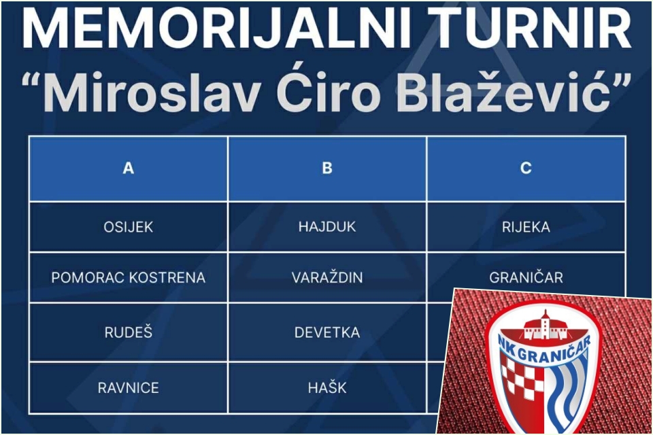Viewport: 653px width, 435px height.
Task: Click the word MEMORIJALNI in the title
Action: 216,29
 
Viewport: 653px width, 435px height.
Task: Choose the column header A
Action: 129,168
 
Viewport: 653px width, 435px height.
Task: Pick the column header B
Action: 327,168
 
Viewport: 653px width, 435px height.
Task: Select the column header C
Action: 526,168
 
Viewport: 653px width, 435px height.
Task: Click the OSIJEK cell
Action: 129,227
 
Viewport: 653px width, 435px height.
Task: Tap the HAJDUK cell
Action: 327,227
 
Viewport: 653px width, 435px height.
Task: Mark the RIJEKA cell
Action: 526,227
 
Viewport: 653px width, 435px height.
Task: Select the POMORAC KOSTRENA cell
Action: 129,277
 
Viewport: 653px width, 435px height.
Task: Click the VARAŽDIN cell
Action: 327,277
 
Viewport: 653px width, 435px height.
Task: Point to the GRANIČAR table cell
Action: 526,277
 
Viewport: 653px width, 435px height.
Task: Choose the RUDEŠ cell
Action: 129,332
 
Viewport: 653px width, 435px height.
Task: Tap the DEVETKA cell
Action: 327,332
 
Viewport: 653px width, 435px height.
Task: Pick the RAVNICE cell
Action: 129,388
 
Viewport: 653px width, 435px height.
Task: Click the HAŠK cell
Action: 327,387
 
